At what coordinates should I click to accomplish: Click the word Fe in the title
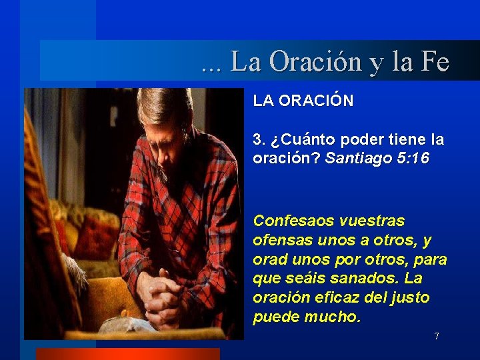pyautogui.click(x=435, y=62)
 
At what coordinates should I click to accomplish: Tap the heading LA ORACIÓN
pyautogui.click(x=303, y=101)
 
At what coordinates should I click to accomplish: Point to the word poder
pyautogui.click(x=361, y=141)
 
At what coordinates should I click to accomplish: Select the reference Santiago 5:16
pyautogui.click(x=377, y=159)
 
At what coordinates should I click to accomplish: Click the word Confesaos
pyautogui.click(x=291, y=221)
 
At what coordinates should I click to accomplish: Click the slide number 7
pyautogui.click(x=437, y=336)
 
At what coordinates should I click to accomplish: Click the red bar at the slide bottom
pyautogui.click(x=127, y=354)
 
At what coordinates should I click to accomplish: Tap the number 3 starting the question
pyautogui.click(x=258, y=141)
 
